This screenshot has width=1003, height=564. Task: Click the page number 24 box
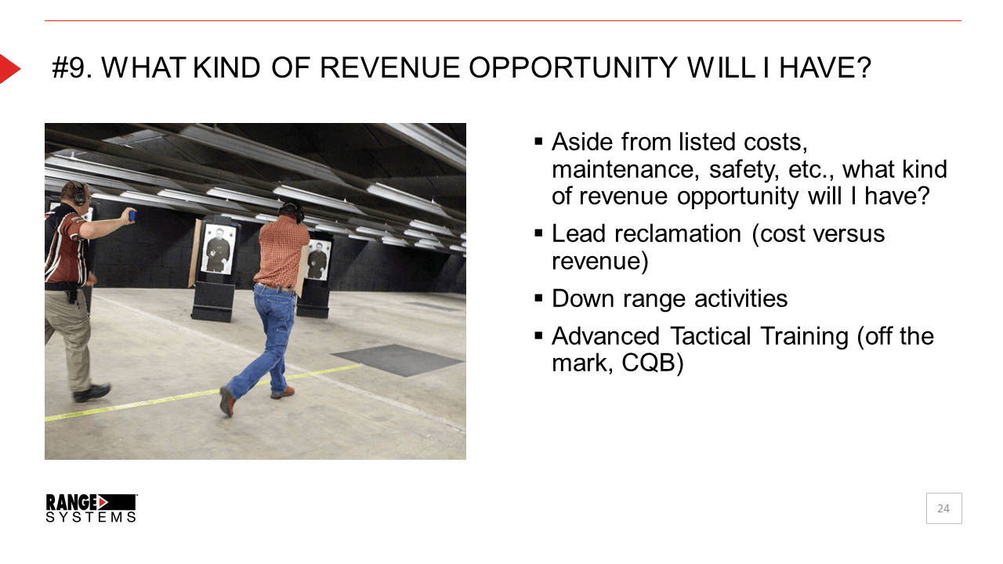943,508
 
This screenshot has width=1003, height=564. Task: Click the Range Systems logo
92,508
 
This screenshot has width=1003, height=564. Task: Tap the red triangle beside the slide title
9,68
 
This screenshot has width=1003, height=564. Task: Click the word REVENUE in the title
389,68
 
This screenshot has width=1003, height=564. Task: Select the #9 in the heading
71,68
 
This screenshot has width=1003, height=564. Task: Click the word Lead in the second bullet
578,233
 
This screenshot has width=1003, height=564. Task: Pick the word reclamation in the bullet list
678,233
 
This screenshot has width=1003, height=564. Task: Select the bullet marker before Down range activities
538,298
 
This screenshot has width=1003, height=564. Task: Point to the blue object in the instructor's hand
132,215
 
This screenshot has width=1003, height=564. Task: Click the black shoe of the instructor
92,392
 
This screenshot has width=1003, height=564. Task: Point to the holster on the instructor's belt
71,294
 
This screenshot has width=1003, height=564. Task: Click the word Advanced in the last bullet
606,336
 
